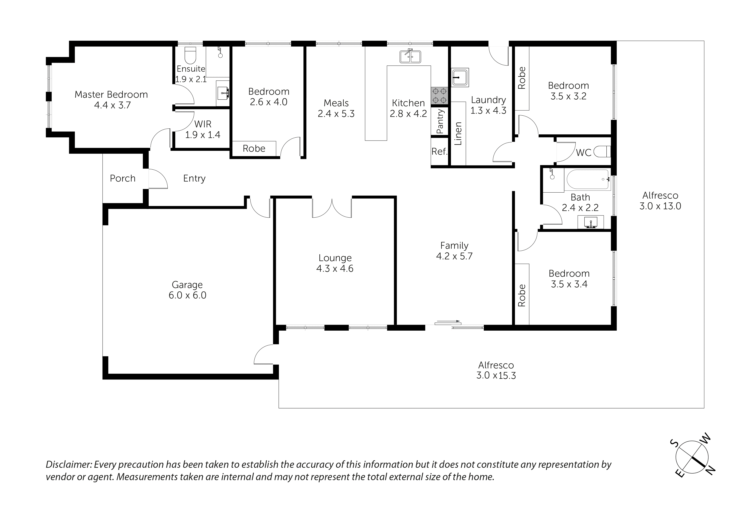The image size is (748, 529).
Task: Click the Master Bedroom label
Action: [111, 94]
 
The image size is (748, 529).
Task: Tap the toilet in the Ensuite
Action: [190, 56]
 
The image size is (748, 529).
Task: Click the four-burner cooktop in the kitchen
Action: [439, 96]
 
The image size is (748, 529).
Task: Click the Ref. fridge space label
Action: [439, 152]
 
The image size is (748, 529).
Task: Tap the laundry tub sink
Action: [460, 78]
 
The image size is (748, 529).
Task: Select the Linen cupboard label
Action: [458, 133]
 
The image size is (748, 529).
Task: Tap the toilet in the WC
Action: [602, 152]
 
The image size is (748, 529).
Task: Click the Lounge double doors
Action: [332, 209]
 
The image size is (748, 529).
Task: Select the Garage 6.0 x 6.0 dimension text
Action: [187, 295]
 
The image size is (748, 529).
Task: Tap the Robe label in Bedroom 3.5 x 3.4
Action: [522, 295]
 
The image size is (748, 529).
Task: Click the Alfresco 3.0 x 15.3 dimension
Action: [496, 375]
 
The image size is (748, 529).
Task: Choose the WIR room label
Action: [203, 124]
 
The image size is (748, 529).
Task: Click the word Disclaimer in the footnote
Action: [67, 464]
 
